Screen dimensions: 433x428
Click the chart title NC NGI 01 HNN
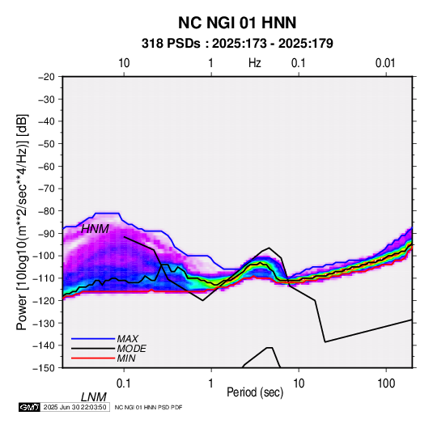[x=237, y=23]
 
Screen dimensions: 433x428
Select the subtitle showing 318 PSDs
[x=237, y=44]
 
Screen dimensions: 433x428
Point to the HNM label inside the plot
[x=95, y=229]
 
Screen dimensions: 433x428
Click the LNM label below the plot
[x=94, y=397]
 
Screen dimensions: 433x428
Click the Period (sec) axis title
[x=255, y=392]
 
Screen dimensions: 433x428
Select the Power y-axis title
[x=22, y=222]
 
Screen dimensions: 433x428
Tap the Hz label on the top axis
[x=255, y=63]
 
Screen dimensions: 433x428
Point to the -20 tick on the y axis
[x=46, y=77]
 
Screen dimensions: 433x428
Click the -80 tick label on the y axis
[x=46, y=211]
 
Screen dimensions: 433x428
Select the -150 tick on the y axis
[x=44, y=368]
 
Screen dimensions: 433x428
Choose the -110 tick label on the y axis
[x=44, y=278]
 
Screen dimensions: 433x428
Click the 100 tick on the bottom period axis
[x=386, y=384]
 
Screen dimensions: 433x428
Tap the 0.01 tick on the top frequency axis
[x=385, y=63]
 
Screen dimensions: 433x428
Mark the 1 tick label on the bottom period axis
[x=211, y=384]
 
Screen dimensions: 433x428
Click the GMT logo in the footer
[x=30, y=407]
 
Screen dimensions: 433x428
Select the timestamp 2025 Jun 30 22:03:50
[x=74, y=407]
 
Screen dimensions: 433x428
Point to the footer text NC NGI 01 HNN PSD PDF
[x=148, y=407]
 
